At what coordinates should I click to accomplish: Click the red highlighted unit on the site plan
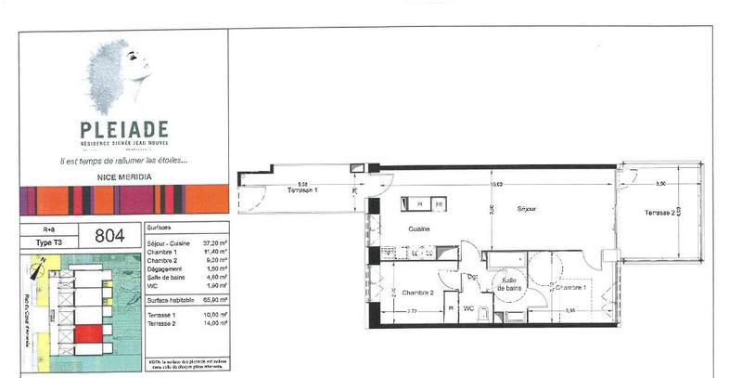click(x=87, y=332)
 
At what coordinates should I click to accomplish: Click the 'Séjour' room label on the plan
click(x=527, y=209)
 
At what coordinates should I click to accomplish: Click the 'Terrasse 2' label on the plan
click(x=659, y=214)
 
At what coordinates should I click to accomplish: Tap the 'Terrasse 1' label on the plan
click(x=301, y=190)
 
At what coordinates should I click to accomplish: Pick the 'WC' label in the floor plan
click(x=469, y=307)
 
